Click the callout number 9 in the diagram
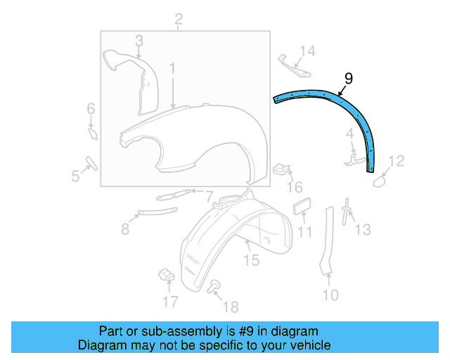[348, 78]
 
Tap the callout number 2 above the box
[179, 18]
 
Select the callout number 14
[308, 50]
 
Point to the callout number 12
[397, 162]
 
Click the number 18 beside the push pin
[230, 307]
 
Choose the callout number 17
[171, 302]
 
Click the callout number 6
[91, 108]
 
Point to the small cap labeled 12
[378, 180]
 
